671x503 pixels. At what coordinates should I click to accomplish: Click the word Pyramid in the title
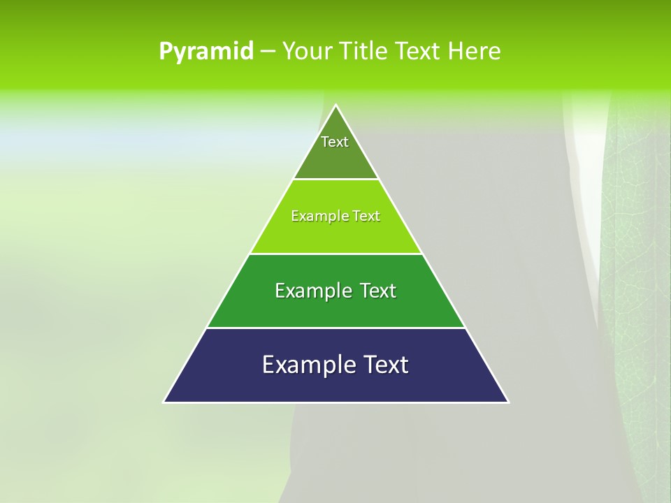pos(205,52)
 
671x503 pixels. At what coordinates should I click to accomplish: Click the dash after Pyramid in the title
pos(267,52)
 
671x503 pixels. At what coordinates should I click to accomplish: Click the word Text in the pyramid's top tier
pos(335,142)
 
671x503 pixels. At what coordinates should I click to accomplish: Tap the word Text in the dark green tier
pos(378,291)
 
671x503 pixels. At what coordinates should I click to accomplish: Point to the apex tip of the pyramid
pos(336,105)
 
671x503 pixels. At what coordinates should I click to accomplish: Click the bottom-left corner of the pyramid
pos(165,402)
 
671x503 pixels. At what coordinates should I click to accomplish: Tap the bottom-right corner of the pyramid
pos(507,402)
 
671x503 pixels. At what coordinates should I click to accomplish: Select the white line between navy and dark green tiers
pos(336,328)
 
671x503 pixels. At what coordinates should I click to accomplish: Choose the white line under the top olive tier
pos(336,179)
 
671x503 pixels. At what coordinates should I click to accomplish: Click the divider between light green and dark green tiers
pos(336,254)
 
